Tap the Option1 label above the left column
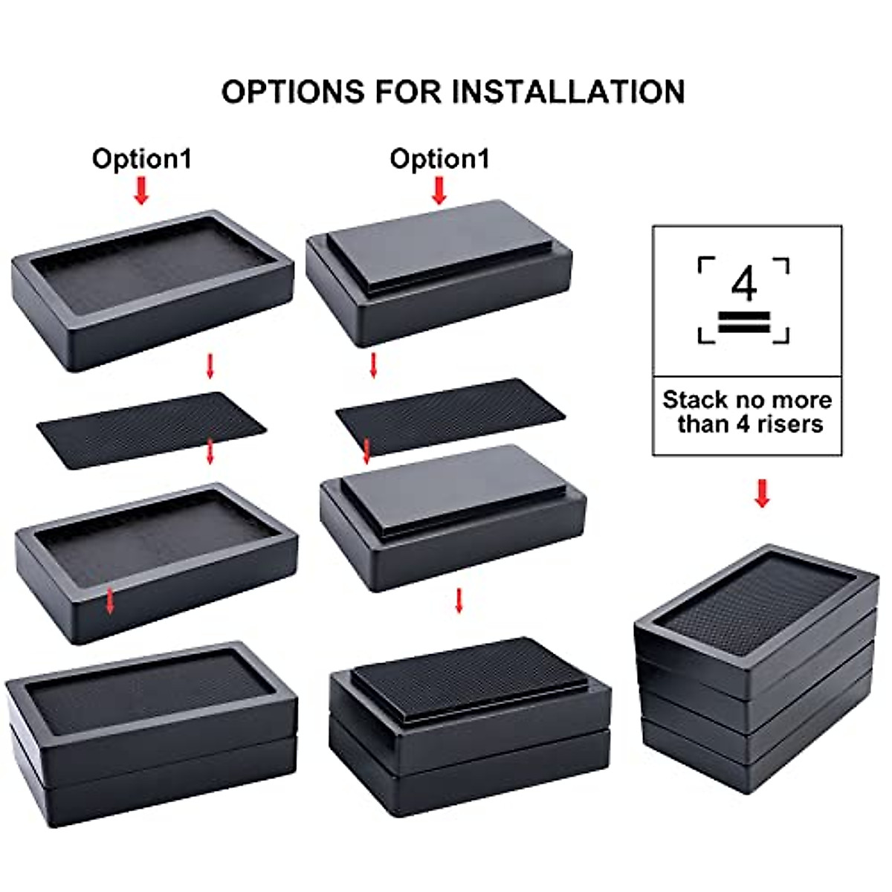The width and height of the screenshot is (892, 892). [141, 159]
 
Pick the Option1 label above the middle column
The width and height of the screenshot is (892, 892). [439, 159]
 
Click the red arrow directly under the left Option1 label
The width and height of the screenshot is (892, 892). [141, 192]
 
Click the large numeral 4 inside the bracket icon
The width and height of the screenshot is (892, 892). [743, 284]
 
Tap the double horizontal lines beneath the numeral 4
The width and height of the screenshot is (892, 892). [743, 323]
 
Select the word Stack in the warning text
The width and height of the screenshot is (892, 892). [694, 400]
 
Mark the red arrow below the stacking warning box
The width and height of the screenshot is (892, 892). [762, 493]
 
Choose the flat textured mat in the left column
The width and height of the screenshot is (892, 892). [152, 430]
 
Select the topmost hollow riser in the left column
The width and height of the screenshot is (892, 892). [152, 290]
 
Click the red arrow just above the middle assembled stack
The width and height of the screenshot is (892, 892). [459, 601]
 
